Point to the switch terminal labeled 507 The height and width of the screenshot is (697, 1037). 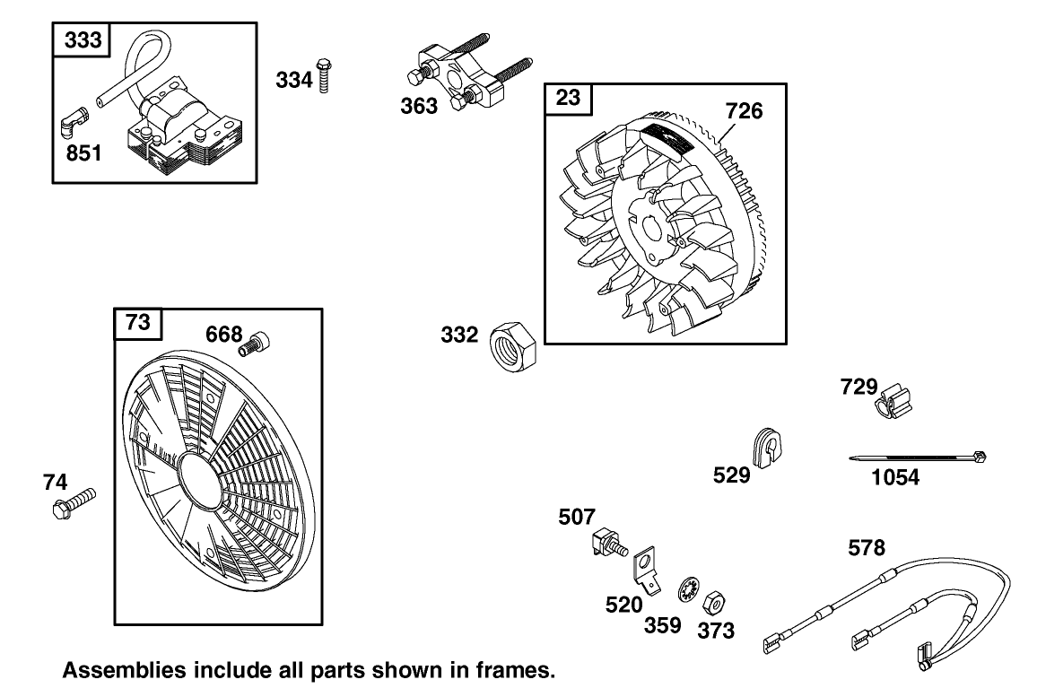pyautogui.click(x=606, y=544)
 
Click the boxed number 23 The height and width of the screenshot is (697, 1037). pyautogui.click(x=569, y=97)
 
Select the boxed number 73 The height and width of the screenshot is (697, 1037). pyautogui.click(x=138, y=323)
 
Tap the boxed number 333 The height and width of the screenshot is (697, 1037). pyautogui.click(x=83, y=39)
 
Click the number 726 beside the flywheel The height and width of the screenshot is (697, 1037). pyautogui.click(x=744, y=111)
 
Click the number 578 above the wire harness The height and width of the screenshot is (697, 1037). pyautogui.click(x=867, y=546)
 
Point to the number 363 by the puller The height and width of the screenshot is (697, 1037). pyautogui.click(x=419, y=106)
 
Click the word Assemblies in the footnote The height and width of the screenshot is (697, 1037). pyautogui.click(x=123, y=670)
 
